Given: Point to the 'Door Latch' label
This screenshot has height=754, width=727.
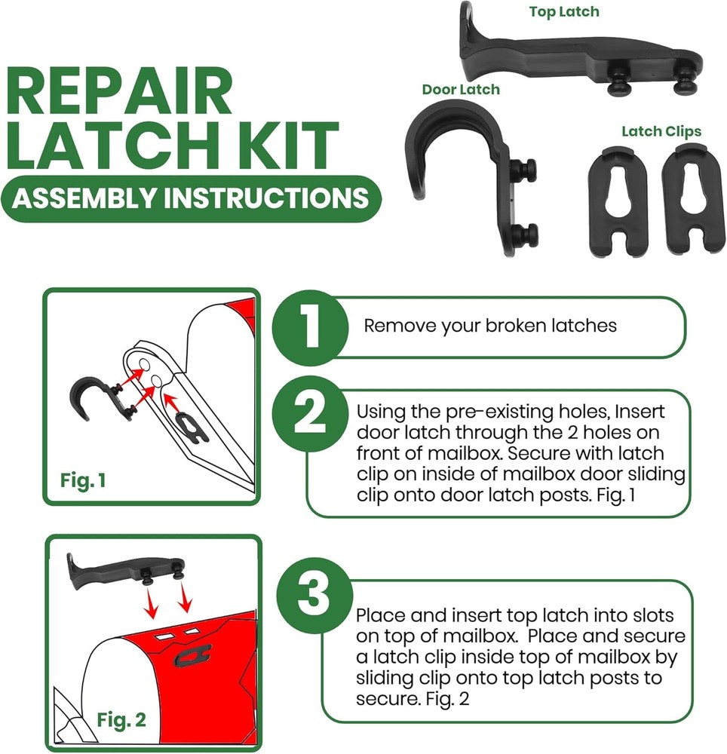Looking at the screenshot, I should tap(460, 90).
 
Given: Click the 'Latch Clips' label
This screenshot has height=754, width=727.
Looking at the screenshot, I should tap(661, 131).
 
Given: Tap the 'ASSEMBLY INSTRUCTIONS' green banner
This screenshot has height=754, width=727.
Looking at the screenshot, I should tap(190, 198).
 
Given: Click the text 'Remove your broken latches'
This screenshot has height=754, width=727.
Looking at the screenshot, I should tap(490, 326).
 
